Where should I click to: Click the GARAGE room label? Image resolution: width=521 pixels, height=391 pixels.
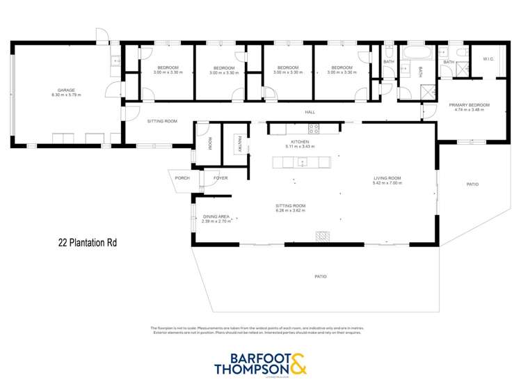(x=66, y=90)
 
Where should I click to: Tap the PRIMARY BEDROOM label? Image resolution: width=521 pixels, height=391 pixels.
(x=472, y=105)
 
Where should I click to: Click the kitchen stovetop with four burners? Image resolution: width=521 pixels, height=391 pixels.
(x=314, y=128)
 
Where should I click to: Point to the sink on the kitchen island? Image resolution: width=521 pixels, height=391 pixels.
(x=302, y=163)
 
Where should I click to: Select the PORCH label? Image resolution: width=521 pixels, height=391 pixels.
(x=182, y=178)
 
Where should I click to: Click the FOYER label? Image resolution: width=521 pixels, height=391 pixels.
(x=221, y=178)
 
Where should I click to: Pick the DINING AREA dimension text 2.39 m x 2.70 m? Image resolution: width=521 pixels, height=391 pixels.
(x=216, y=221)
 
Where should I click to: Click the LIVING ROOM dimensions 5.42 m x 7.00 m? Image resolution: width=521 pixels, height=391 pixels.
(x=387, y=184)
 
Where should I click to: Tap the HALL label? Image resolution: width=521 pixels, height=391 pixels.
(x=310, y=112)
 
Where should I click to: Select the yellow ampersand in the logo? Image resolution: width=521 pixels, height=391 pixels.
(x=296, y=364)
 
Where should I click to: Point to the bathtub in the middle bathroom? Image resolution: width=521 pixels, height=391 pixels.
(x=417, y=52)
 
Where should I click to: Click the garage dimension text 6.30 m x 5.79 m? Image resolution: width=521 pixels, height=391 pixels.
(x=66, y=95)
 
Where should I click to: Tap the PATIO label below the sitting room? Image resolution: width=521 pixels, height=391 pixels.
(x=321, y=276)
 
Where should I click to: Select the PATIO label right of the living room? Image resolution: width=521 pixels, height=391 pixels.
(x=472, y=184)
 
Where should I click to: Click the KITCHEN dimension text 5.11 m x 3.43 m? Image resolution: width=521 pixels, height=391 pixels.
(x=300, y=147)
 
